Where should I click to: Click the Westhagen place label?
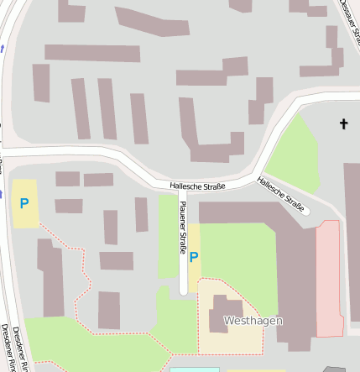(x=253, y=321)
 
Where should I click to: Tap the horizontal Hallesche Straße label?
(x=197, y=186)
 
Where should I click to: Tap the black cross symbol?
(x=342, y=124)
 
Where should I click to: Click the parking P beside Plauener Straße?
(x=195, y=257)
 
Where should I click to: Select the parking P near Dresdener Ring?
(x=24, y=203)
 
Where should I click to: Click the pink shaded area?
(x=329, y=277)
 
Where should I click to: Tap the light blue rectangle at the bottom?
(x=194, y=369)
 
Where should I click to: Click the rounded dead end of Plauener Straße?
(x=183, y=289)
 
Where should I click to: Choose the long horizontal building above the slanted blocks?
(x=92, y=53)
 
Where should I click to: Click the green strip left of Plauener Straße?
(x=168, y=239)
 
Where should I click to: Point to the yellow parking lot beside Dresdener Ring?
(x=24, y=203)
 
